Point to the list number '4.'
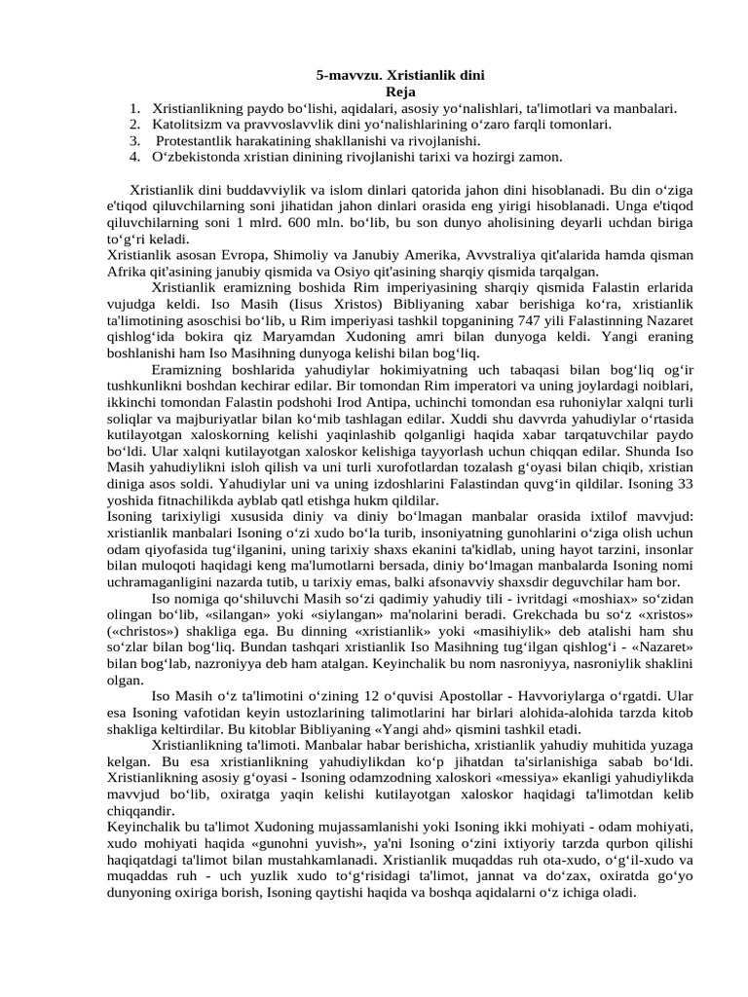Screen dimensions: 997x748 click(133, 156)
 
